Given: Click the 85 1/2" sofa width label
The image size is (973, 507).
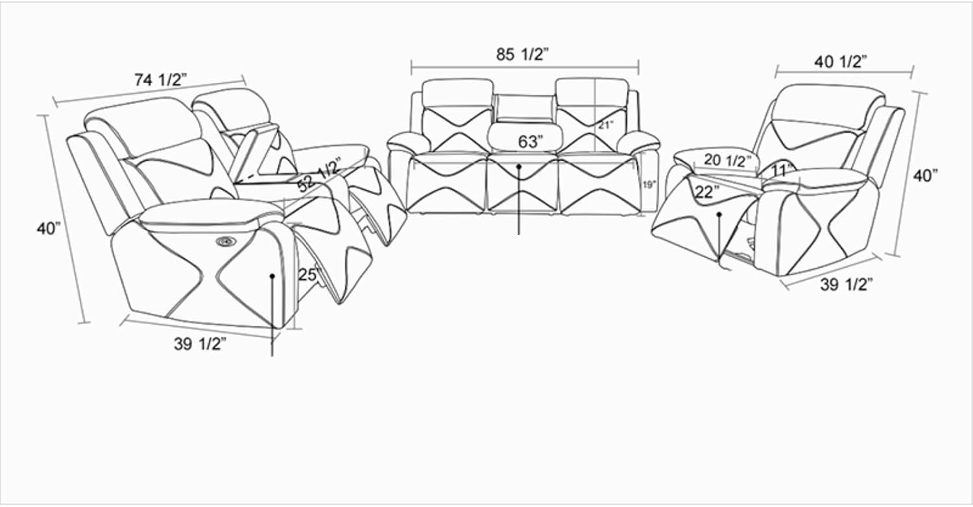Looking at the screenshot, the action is [523, 54].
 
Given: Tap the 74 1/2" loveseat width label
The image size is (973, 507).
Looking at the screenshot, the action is [161, 80].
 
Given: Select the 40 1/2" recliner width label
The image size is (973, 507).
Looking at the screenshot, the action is [841, 62].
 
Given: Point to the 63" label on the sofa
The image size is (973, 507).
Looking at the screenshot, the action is [531, 141].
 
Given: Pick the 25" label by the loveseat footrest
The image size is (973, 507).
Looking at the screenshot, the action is [309, 274].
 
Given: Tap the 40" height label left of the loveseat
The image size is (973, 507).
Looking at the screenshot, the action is [49, 228].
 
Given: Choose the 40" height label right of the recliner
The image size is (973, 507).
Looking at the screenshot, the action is [925, 176].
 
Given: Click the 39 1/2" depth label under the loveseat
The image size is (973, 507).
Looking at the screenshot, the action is [200, 344].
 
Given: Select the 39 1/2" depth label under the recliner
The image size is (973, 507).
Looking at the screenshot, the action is [847, 285].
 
